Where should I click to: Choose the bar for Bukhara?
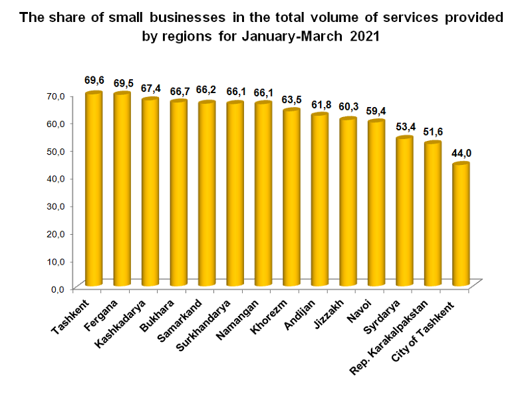pyautogui.click(x=178, y=193)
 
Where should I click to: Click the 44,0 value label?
pyautogui.click(x=462, y=154)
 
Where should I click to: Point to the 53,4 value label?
pyautogui.click(x=404, y=127)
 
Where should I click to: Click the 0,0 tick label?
pyautogui.click(x=58, y=289)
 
